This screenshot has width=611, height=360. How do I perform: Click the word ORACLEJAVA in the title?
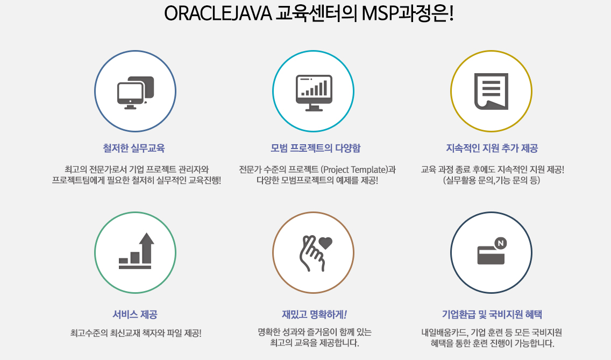pyautogui.click(x=218, y=15)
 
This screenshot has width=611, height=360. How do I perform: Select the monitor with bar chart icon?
pyautogui.click(x=314, y=93)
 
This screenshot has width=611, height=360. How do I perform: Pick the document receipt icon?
pyautogui.click(x=491, y=91)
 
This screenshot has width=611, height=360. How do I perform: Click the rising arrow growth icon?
pyautogui.click(x=136, y=251)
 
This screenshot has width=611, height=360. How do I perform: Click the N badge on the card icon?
pyautogui.click(x=500, y=243)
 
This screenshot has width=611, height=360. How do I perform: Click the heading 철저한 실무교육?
pyautogui.click(x=133, y=148)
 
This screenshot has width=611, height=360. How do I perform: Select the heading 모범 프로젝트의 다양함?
pyautogui.click(x=316, y=148)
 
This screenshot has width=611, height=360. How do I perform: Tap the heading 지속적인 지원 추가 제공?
pyautogui.click(x=492, y=148)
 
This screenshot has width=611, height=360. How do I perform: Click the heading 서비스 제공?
pyautogui.click(x=135, y=314)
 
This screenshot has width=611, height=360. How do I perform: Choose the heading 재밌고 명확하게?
pyautogui.click(x=314, y=314)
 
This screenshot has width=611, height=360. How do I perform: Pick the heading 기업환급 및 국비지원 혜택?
pyautogui.click(x=492, y=314)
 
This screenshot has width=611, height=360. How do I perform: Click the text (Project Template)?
pyautogui.click(x=354, y=170)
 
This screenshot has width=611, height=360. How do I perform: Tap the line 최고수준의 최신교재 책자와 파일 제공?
pyautogui.click(x=136, y=333)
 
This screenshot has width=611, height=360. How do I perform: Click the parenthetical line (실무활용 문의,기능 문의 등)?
pyautogui.click(x=492, y=180)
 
